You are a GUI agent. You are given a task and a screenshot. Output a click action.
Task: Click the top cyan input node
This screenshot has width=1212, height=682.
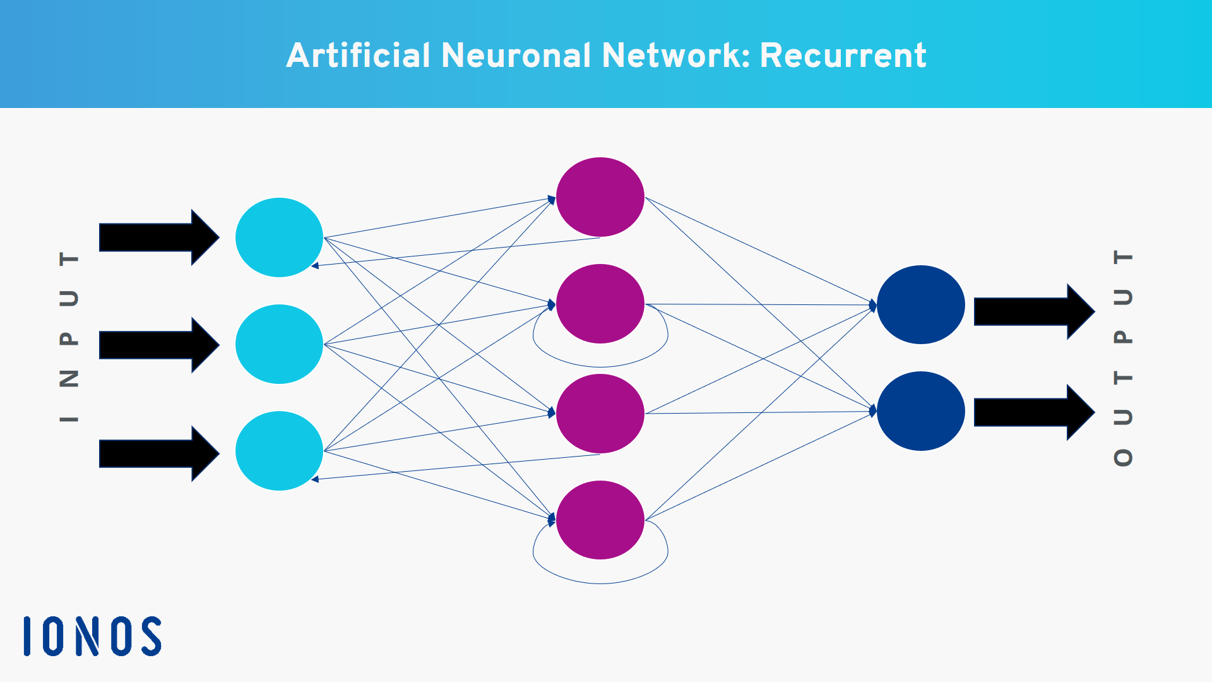point(279,237)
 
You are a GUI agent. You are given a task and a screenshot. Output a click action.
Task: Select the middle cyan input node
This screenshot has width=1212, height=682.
point(279,344)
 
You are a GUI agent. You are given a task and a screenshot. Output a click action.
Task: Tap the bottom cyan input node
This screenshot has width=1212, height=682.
point(279,451)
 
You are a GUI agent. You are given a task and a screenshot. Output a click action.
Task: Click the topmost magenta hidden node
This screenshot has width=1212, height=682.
point(600,197)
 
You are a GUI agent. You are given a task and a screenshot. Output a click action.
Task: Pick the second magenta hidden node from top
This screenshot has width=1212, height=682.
point(600,304)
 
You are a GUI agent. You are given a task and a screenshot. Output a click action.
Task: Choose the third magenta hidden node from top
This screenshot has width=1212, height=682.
point(600,414)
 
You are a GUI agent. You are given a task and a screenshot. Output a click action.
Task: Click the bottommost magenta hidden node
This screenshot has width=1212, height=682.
point(600,520)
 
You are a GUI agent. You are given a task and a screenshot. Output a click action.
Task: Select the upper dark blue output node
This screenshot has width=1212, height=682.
point(920,304)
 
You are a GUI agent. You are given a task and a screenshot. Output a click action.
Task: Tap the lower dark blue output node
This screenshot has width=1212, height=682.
point(920,411)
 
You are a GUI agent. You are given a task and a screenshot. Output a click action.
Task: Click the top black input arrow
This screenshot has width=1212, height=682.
point(158,237)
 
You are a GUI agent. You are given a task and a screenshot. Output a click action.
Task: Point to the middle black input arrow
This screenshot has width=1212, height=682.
point(158,345)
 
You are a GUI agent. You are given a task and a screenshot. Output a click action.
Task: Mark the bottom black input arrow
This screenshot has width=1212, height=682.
point(158,453)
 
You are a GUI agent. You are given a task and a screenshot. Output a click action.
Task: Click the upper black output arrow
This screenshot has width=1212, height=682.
point(1033,311)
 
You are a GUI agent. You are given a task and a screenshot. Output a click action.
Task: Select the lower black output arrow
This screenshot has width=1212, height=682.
point(1033,412)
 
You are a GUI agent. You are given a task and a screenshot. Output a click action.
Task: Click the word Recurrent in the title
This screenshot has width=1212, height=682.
point(843,56)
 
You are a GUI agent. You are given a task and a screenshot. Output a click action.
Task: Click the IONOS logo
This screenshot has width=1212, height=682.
point(92,636)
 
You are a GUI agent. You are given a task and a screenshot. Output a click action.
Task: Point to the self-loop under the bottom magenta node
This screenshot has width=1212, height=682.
point(600,583)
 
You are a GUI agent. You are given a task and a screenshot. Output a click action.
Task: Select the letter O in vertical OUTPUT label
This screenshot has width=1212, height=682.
point(1123,457)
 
